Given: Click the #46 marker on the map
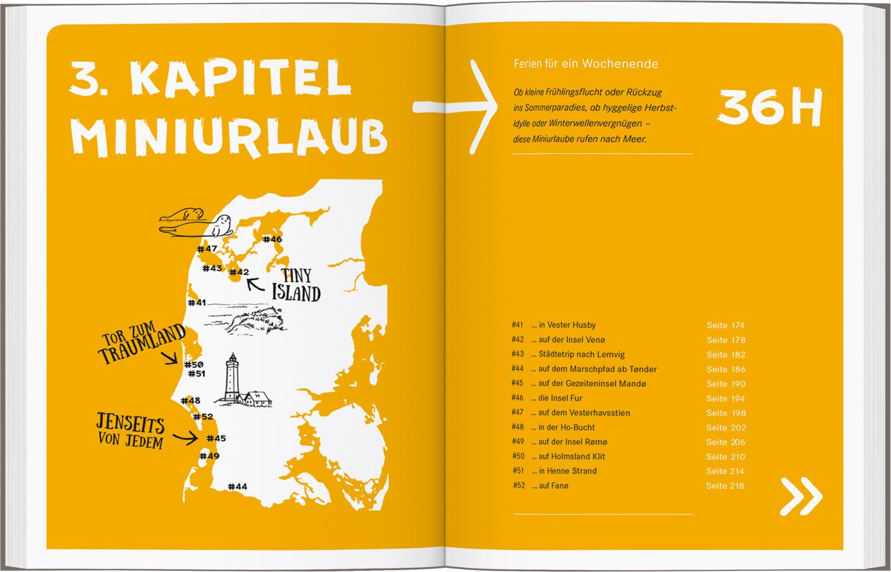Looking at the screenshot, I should point(272,239).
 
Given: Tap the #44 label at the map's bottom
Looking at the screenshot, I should point(237,486).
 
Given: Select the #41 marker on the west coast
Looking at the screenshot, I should point(197,302).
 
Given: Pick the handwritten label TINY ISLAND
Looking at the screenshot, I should point(296,285).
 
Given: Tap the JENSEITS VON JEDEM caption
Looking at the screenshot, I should point(130,430).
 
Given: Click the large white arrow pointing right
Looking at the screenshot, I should point(457,107).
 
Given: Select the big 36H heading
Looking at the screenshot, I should point(769,107).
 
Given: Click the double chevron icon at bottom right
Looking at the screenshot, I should point(801,495).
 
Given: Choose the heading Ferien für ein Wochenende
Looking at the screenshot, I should point(586,64).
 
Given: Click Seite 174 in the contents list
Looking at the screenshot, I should point(725,325).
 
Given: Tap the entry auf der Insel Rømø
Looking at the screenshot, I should point(568,442).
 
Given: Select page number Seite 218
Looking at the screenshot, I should point(725,486).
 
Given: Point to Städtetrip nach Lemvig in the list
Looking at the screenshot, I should point(581,355).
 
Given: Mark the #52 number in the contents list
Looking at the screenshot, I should point(519,486).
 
